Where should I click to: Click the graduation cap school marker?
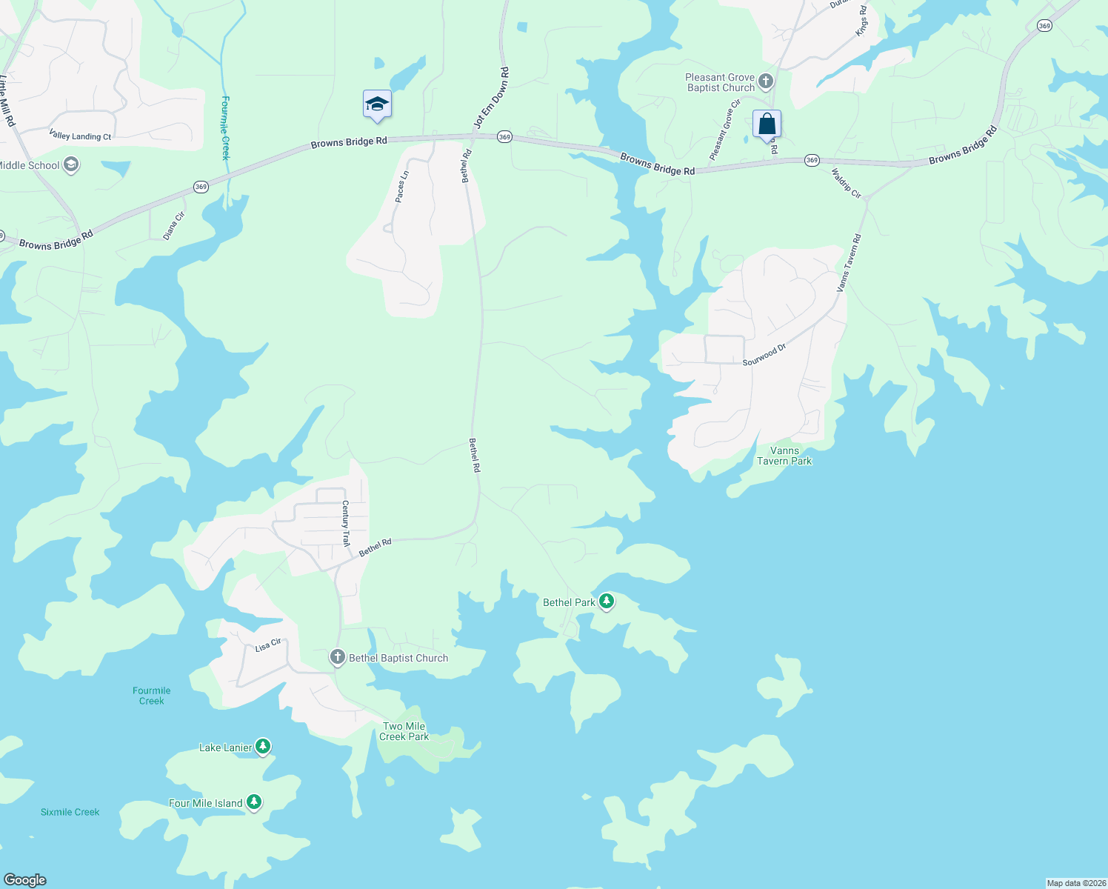click(377, 104)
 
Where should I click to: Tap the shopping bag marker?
click(767, 124)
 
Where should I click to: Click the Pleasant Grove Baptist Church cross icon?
click(766, 81)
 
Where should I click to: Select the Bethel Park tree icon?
click(607, 601)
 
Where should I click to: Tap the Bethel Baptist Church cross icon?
click(337, 657)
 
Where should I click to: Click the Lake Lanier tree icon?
click(262, 747)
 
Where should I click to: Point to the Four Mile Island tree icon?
click(254, 802)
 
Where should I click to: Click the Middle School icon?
click(71, 164)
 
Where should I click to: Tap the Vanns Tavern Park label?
click(784, 456)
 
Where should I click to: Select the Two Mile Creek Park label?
click(404, 731)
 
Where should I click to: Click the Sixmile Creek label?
click(70, 812)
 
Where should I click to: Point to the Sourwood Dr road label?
click(764, 355)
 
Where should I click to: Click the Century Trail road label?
click(345, 523)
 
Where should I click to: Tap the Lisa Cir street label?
click(268, 645)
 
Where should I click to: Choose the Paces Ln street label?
click(401, 187)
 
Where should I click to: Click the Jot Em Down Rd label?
click(492, 98)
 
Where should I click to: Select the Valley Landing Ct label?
click(80, 136)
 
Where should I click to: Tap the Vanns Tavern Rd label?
click(849, 262)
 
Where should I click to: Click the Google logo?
click(25, 880)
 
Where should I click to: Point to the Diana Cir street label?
click(174, 226)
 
